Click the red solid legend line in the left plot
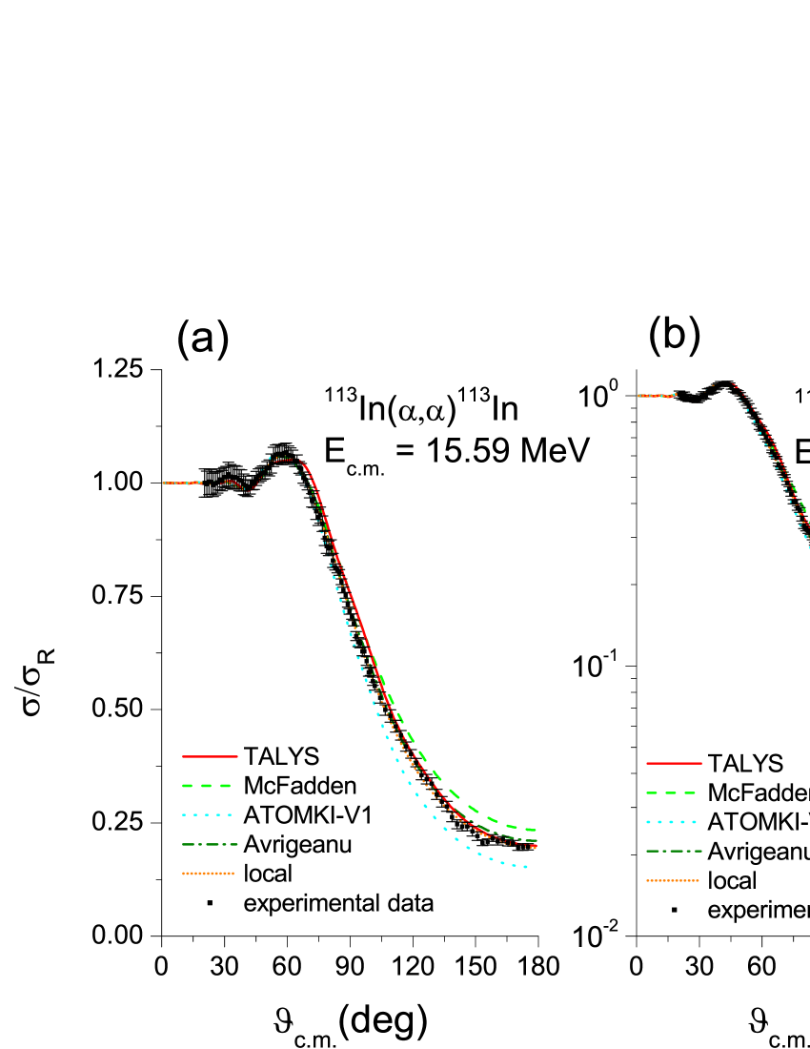click(210, 756)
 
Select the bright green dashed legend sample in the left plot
click(207, 786)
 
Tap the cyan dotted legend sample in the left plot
click(207, 815)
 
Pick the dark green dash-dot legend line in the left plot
click(210, 845)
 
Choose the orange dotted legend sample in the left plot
click(208, 874)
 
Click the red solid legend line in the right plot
click(674, 763)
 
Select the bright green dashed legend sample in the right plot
click(671, 792)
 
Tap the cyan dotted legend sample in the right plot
click(671, 822)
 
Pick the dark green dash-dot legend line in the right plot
click(674, 851)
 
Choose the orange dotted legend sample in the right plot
click(673, 880)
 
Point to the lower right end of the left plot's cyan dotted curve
click(525, 866)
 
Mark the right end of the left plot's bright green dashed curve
click(535, 830)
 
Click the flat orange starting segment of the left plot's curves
click(181, 483)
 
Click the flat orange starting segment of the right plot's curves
click(657, 395)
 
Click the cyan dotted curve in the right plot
click(797, 515)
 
